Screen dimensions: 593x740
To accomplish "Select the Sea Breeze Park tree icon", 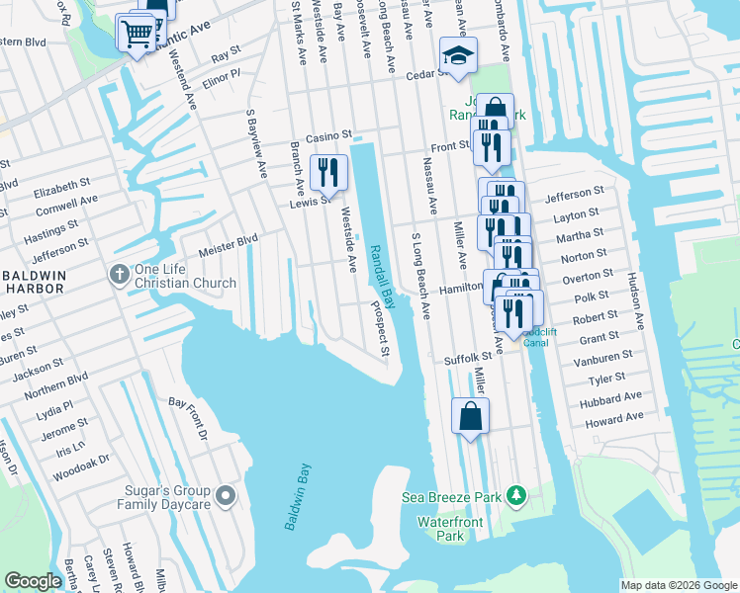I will (x=514, y=495).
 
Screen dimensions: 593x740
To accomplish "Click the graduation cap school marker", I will (x=458, y=55).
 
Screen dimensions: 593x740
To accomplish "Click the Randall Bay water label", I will (x=383, y=278).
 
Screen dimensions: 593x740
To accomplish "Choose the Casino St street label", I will (x=328, y=134).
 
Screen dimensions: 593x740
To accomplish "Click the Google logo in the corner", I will (x=33, y=581).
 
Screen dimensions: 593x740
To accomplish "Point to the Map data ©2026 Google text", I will (x=679, y=585).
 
